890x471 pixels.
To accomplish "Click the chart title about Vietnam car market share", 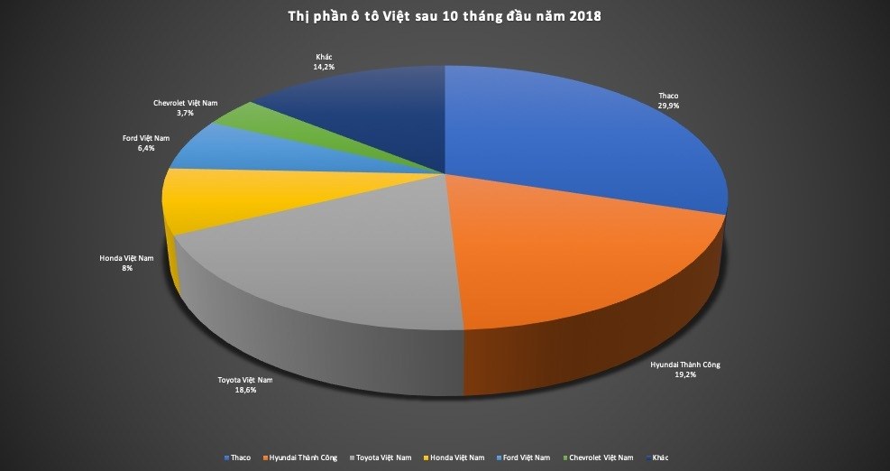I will click(445, 16).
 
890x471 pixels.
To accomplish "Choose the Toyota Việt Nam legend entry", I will click(374, 458).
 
